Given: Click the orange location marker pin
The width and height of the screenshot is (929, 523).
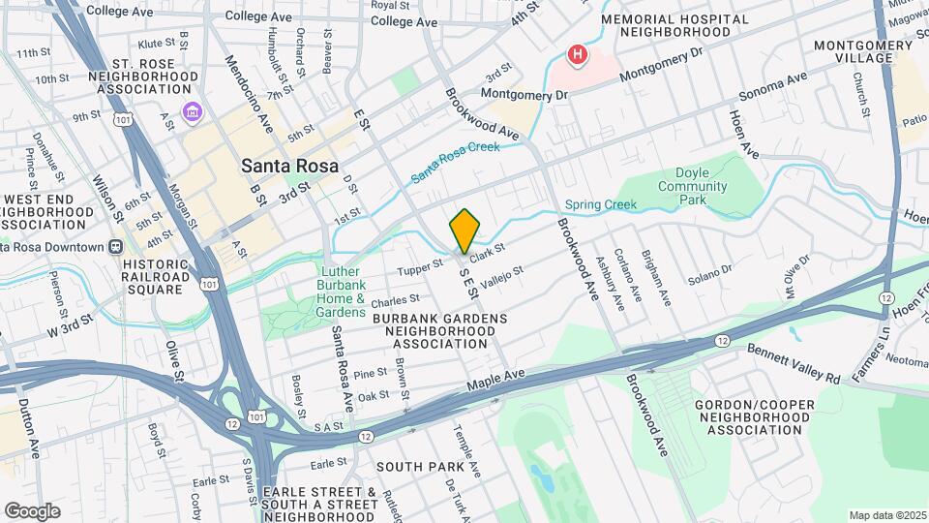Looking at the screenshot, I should [x=464, y=230].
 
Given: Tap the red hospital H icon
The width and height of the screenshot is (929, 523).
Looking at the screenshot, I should [x=578, y=55].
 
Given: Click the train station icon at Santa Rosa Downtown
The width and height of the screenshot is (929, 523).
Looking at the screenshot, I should [x=115, y=246].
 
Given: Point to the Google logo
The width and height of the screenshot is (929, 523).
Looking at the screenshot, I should [x=32, y=510].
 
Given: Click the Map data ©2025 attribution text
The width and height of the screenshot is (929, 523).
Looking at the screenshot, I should [x=885, y=515].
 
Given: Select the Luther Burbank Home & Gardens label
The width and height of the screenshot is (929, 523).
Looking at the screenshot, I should [x=341, y=292].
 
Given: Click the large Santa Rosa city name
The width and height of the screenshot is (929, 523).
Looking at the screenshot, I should [x=290, y=166].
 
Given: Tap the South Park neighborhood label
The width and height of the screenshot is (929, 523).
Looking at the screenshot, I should [x=420, y=466].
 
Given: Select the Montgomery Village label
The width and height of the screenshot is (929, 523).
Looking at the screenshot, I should [x=866, y=51].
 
